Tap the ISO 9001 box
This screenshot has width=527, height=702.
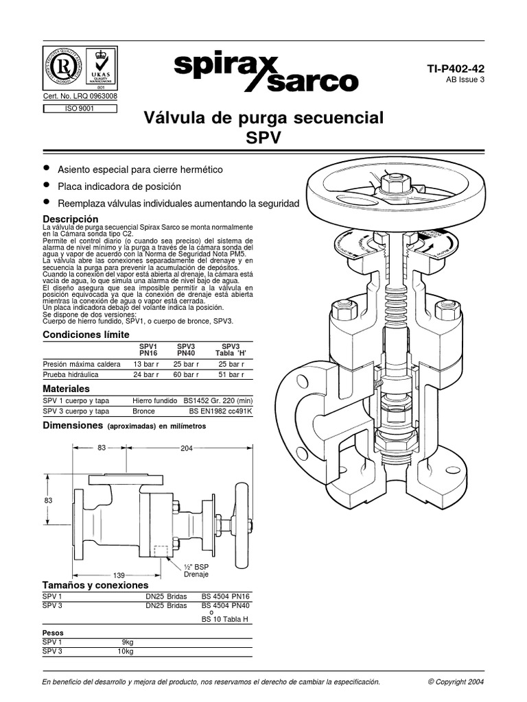click(79, 108)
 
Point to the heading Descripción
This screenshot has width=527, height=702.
click(75, 219)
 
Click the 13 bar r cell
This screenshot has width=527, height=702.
click(146, 364)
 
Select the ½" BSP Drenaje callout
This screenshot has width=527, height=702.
click(196, 571)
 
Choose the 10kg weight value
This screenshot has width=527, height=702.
click(126, 651)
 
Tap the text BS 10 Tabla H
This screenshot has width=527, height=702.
click(224, 619)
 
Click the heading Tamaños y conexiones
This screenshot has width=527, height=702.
click(95, 585)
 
